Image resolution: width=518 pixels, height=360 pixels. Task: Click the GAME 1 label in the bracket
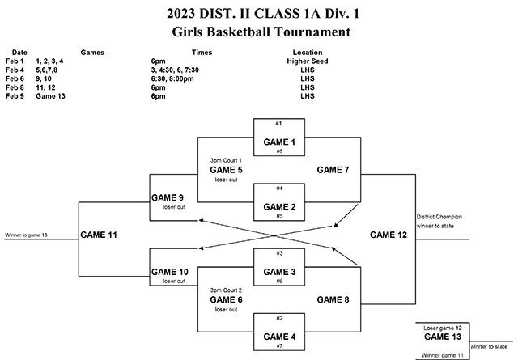[278, 142]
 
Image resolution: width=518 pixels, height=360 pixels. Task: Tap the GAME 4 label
[278, 336]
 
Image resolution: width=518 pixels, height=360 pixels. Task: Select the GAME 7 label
[333, 170]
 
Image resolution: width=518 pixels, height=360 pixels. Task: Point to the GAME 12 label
[385, 235]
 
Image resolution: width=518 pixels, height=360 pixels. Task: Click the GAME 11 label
[100, 235]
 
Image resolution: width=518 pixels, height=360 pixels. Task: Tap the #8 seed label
[278, 151]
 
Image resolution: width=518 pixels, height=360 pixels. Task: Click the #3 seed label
[278, 253]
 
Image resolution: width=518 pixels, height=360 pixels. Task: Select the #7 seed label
[278, 345]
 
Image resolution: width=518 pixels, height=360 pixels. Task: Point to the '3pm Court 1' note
[226, 161]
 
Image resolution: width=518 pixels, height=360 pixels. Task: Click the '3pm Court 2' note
[226, 290]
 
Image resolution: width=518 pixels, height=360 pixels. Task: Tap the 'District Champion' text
[438, 217]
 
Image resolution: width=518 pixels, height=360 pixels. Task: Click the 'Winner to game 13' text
[27, 235]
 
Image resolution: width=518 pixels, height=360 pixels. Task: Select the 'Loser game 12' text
[442, 327]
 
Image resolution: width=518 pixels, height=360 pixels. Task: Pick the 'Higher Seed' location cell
[307, 61]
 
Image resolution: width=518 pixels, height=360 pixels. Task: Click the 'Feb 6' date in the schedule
[15, 78]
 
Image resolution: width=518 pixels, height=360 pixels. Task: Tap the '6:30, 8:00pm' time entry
[172, 78]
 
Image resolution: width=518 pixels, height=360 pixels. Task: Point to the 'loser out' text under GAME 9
[174, 208]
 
